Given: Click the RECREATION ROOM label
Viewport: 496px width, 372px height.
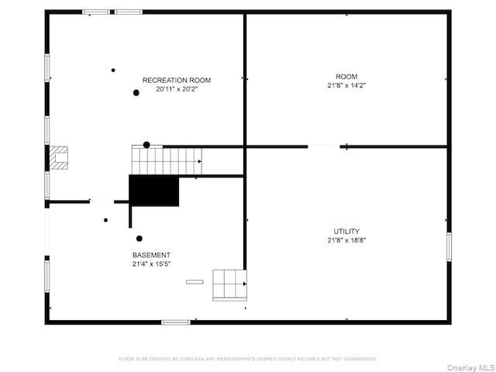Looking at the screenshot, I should (x=176, y=80).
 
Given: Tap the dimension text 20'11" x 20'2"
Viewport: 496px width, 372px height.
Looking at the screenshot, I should (x=176, y=89).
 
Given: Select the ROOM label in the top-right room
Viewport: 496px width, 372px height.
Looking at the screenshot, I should (x=346, y=76).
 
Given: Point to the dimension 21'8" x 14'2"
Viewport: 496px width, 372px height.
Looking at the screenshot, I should (x=346, y=85).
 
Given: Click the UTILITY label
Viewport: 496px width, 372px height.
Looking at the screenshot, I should (x=346, y=231).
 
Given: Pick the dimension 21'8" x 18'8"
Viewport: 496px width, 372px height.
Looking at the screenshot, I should (x=346, y=240).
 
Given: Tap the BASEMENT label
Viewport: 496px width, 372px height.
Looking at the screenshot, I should (x=151, y=255).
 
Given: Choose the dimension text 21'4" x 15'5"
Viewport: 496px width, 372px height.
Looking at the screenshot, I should (x=151, y=264).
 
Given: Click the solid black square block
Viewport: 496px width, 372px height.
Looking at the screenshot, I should (x=153, y=191).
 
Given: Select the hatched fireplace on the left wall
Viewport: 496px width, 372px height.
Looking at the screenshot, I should (x=60, y=157).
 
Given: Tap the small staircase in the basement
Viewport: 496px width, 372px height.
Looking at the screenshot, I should (x=229, y=284).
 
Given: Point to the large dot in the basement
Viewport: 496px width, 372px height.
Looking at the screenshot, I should (x=139, y=239).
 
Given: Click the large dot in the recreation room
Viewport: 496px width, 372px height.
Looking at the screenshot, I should (x=136, y=93).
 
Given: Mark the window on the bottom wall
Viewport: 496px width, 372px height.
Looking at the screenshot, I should (x=176, y=322).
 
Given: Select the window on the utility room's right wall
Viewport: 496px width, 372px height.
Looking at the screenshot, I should (x=449, y=246).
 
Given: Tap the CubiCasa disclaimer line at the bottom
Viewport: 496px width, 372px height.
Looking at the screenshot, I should (x=247, y=359).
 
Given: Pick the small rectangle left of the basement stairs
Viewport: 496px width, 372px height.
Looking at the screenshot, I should (x=195, y=281).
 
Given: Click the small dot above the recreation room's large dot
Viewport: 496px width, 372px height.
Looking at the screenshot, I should (x=113, y=71).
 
